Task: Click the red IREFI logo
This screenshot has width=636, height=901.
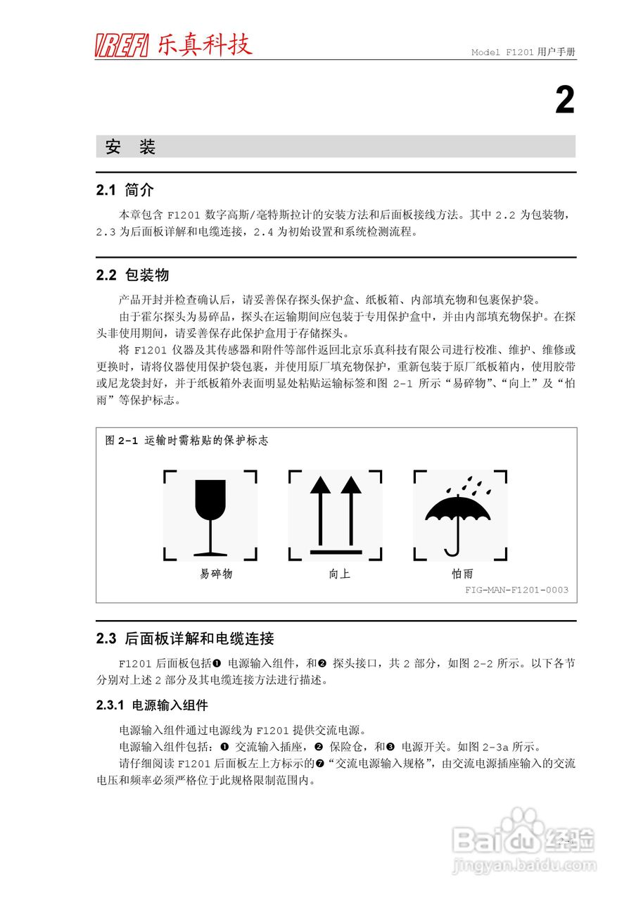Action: pyautogui.click(x=121, y=46)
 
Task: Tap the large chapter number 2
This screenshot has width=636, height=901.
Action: pyautogui.click(x=565, y=101)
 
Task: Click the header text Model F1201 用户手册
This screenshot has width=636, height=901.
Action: pyautogui.click(x=523, y=53)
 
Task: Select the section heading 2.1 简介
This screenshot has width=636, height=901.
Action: pyautogui.click(x=125, y=190)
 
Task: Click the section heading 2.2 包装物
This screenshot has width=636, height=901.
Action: pyautogui.click(x=132, y=275)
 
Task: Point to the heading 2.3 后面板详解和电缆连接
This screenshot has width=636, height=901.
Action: pyautogui.click(x=185, y=639)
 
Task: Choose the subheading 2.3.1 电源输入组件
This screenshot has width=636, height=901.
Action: pyautogui.click(x=152, y=705)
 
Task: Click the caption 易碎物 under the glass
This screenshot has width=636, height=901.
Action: pyautogui.click(x=216, y=574)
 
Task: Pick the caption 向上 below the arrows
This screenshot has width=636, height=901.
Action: pyautogui.click(x=339, y=574)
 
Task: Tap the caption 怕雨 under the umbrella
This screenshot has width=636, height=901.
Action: pyautogui.click(x=462, y=574)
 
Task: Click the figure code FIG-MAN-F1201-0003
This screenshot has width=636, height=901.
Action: pyautogui.click(x=516, y=590)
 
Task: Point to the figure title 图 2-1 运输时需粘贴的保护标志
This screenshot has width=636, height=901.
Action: pyautogui.click(x=186, y=441)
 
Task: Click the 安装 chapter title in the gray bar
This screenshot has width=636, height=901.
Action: pyautogui.click(x=130, y=147)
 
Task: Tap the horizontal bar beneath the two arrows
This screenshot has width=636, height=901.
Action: pyautogui.click(x=336, y=551)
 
